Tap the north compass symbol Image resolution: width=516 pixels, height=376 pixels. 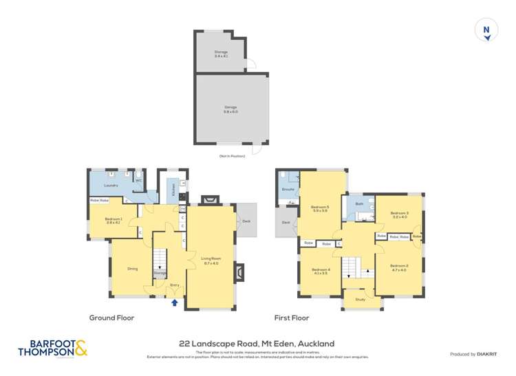pyautogui.click(x=486, y=30)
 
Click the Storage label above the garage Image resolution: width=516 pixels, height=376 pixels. pyautogui.click(x=220, y=52)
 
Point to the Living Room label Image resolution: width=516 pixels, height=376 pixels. pyautogui.click(x=210, y=259)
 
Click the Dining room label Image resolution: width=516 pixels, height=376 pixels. pyautogui.click(x=132, y=269)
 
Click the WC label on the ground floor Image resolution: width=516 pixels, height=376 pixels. pyautogui.click(x=138, y=181)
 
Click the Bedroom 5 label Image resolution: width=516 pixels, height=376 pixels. pyautogui.click(x=319, y=208)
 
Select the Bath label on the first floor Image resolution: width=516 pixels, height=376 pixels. pyautogui.click(x=358, y=203)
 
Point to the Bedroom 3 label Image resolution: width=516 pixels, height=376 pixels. pyautogui.click(x=399, y=214)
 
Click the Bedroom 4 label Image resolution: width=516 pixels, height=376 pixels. pyautogui.click(x=321, y=270)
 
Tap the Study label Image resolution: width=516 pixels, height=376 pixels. pyautogui.click(x=360, y=299)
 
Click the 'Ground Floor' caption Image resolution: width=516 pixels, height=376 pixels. pyautogui.click(x=111, y=318)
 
